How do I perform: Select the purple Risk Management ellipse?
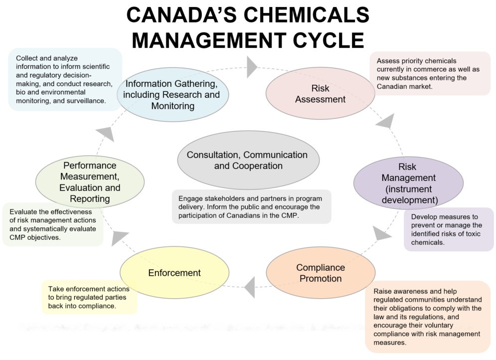click(x=409, y=183)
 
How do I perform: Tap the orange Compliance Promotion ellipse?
click(x=321, y=273)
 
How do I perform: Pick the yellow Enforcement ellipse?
click(x=174, y=273)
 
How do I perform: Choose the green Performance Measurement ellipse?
click(x=90, y=181)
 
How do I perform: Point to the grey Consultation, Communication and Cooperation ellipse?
click(x=247, y=160)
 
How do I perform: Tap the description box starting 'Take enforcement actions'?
click(x=89, y=297)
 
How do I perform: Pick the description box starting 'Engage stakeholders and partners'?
click(x=252, y=206)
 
